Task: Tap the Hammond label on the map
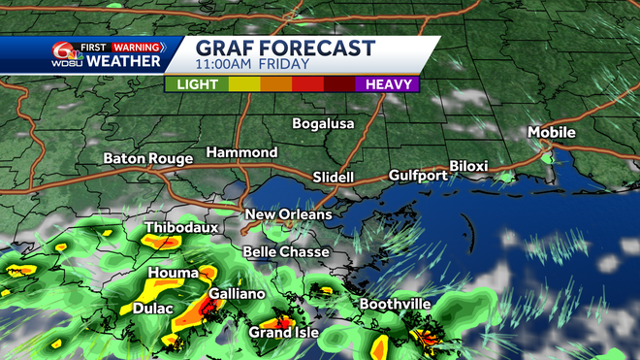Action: point(241,153)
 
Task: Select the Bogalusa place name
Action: point(324,123)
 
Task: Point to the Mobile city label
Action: point(552,132)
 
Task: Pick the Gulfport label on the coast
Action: point(418,176)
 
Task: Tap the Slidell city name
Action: point(334,178)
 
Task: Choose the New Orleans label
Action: point(288,214)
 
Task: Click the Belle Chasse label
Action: point(286,251)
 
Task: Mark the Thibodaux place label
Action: point(181,229)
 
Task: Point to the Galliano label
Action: point(235,293)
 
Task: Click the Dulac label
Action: point(153,309)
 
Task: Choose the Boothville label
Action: point(395,305)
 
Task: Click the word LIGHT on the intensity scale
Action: point(197,84)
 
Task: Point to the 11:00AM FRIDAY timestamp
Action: point(252,65)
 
